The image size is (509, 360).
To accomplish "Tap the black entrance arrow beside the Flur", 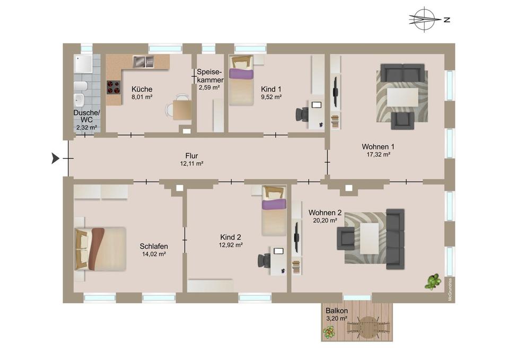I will [55, 157].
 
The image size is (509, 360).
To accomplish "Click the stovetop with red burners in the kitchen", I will [113, 86].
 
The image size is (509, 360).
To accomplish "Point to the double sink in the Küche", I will [142, 62].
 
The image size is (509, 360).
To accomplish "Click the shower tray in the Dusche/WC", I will [83, 64].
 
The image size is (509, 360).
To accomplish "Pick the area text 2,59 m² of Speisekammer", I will [209, 87].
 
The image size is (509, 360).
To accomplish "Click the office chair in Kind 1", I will [302, 114].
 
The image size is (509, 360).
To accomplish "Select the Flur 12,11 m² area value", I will [191, 164].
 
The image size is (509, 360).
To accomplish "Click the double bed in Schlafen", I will [101, 249].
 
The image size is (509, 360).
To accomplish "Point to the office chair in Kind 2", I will [264, 260].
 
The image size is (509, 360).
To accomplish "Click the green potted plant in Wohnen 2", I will [433, 282].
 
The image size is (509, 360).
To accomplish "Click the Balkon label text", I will [337, 311].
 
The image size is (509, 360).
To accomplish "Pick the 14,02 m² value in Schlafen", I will [154, 254].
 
